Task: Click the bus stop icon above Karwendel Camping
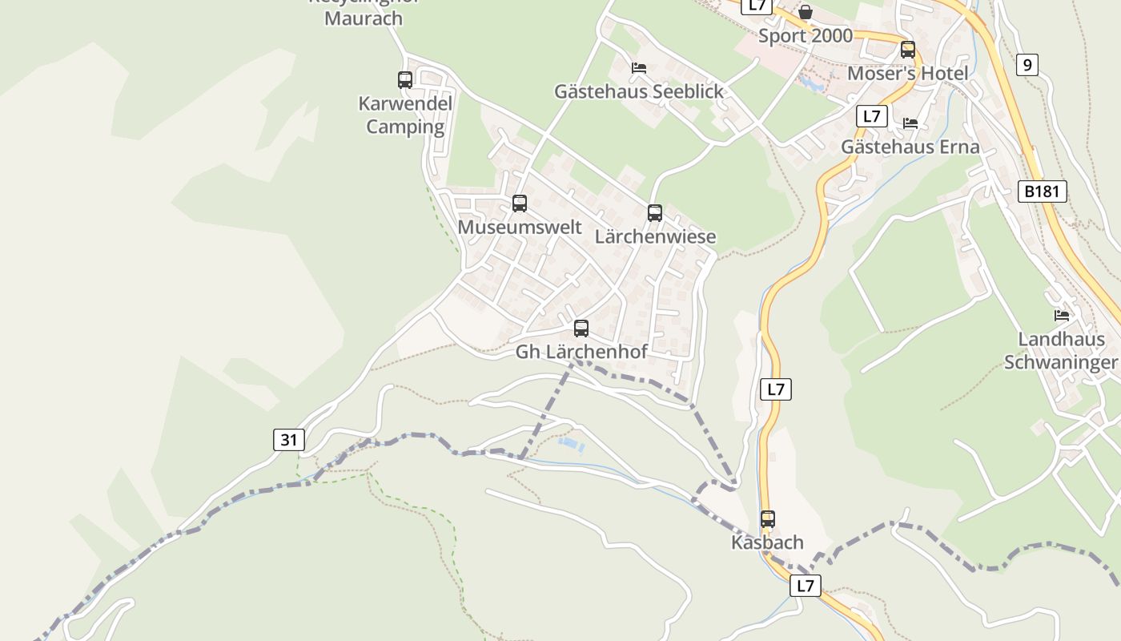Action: [x=405, y=80]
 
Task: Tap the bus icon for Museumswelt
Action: [x=520, y=204]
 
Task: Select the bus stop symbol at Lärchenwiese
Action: [x=655, y=213]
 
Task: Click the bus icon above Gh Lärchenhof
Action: [x=581, y=329]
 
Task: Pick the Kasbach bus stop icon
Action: [x=768, y=519]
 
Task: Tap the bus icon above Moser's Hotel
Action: [x=908, y=50]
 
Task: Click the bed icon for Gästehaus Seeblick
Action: [x=639, y=68]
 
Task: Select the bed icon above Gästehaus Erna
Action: [x=910, y=123]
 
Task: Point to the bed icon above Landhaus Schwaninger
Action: [x=1062, y=316]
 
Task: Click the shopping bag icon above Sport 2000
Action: [x=806, y=12]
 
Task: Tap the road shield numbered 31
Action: [x=289, y=439]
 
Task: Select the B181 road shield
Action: [x=1043, y=191]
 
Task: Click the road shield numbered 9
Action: [x=1027, y=64]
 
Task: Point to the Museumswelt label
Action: [x=520, y=227]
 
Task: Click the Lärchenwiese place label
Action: [x=655, y=236]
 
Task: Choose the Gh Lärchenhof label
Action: [x=581, y=352]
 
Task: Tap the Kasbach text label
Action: [x=767, y=542]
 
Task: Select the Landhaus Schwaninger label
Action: [x=1060, y=351]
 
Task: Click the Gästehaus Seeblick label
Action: [x=639, y=91]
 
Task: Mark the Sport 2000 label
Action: [x=806, y=35]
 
